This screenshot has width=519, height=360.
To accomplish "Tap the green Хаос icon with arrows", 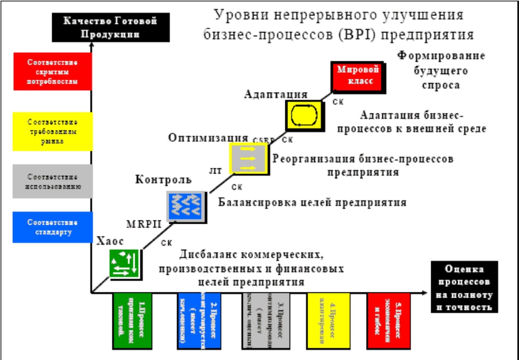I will tap(126, 263).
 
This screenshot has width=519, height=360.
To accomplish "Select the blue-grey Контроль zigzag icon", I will tap(184, 206).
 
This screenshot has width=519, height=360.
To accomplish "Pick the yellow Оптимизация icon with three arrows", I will tap(247, 158).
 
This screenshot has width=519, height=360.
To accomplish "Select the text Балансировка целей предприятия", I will tap(313, 203).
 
